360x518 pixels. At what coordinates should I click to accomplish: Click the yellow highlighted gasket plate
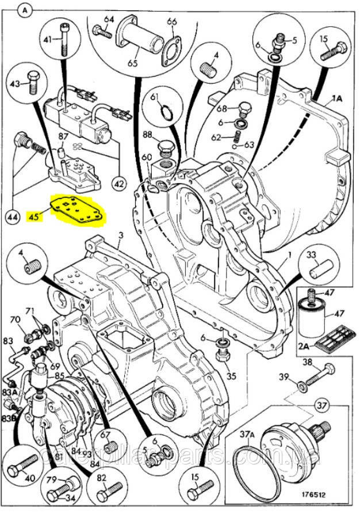(78, 211)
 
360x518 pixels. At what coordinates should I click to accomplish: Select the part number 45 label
(34, 216)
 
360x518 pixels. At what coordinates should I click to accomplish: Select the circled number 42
(118, 184)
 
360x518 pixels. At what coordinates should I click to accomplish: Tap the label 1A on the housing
(336, 99)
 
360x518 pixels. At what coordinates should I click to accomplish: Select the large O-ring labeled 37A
(256, 472)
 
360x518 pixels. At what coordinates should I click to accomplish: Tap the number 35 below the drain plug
(231, 377)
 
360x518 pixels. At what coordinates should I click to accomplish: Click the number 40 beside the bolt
(29, 477)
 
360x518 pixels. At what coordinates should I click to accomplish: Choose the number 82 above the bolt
(102, 477)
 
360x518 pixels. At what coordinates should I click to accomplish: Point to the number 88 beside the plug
(147, 135)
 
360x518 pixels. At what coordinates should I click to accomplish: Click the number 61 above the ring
(155, 98)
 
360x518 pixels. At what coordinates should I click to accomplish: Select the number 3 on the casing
(121, 235)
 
